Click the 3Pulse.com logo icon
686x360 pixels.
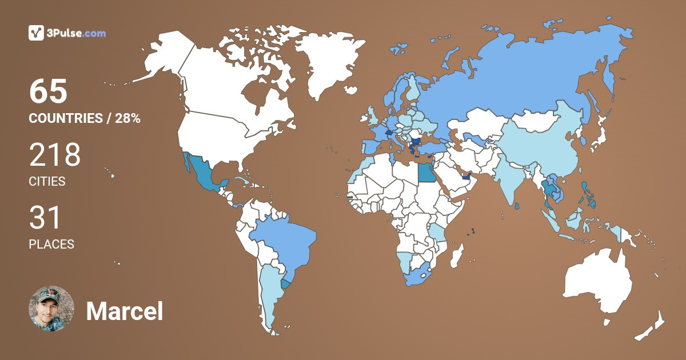[37, 33]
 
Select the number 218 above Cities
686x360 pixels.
[55, 155]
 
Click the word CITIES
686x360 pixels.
[47, 182]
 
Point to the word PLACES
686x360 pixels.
[51, 244]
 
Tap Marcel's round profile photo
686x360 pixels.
[51, 309]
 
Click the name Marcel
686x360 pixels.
[125, 311]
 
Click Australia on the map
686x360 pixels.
[597, 286]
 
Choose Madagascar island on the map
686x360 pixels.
[457, 255]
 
